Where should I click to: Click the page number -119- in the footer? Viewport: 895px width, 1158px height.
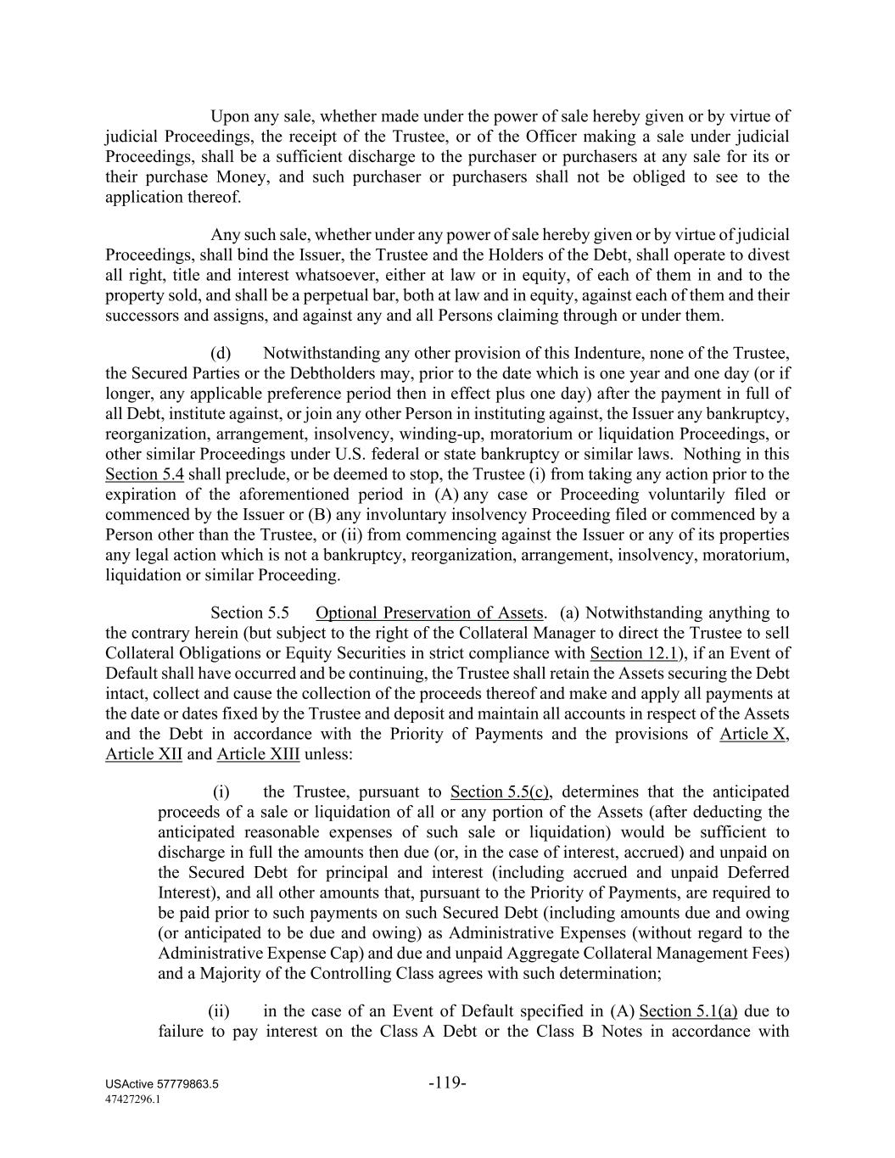(x=447, y=1082)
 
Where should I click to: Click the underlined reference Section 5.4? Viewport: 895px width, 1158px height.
(x=144, y=474)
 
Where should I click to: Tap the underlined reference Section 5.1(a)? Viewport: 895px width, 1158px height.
(x=688, y=1011)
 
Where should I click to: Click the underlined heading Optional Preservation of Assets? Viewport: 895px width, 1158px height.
(x=428, y=613)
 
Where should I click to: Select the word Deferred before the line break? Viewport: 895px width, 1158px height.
(x=758, y=873)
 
